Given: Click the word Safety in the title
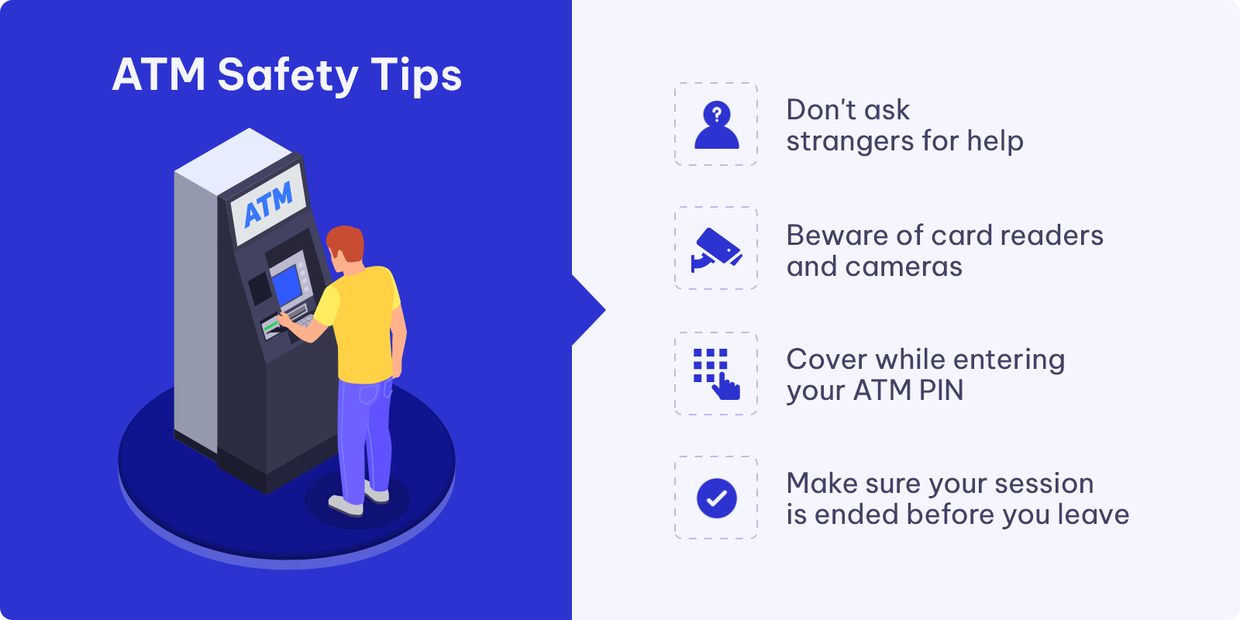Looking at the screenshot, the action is pyautogui.click(x=288, y=75).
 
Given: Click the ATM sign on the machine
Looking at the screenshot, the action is pyautogui.click(x=268, y=205).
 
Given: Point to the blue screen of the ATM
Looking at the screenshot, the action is pyautogui.click(x=287, y=284).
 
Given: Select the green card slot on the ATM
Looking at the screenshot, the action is pyautogui.click(x=270, y=326).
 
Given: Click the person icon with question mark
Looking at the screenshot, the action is pyautogui.click(x=716, y=125).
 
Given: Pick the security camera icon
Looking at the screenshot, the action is pyautogui.click(x=716, y=250).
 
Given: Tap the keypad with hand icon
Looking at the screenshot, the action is pyautogui.click(x=716, y=374).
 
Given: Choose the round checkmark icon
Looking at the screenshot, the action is pyautogui.click(x=716, y=498).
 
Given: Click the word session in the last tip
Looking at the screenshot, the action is pyautogui.click(x=1044, y=484).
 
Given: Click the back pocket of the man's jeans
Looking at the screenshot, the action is pyautogui.click(x=369, y=392).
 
